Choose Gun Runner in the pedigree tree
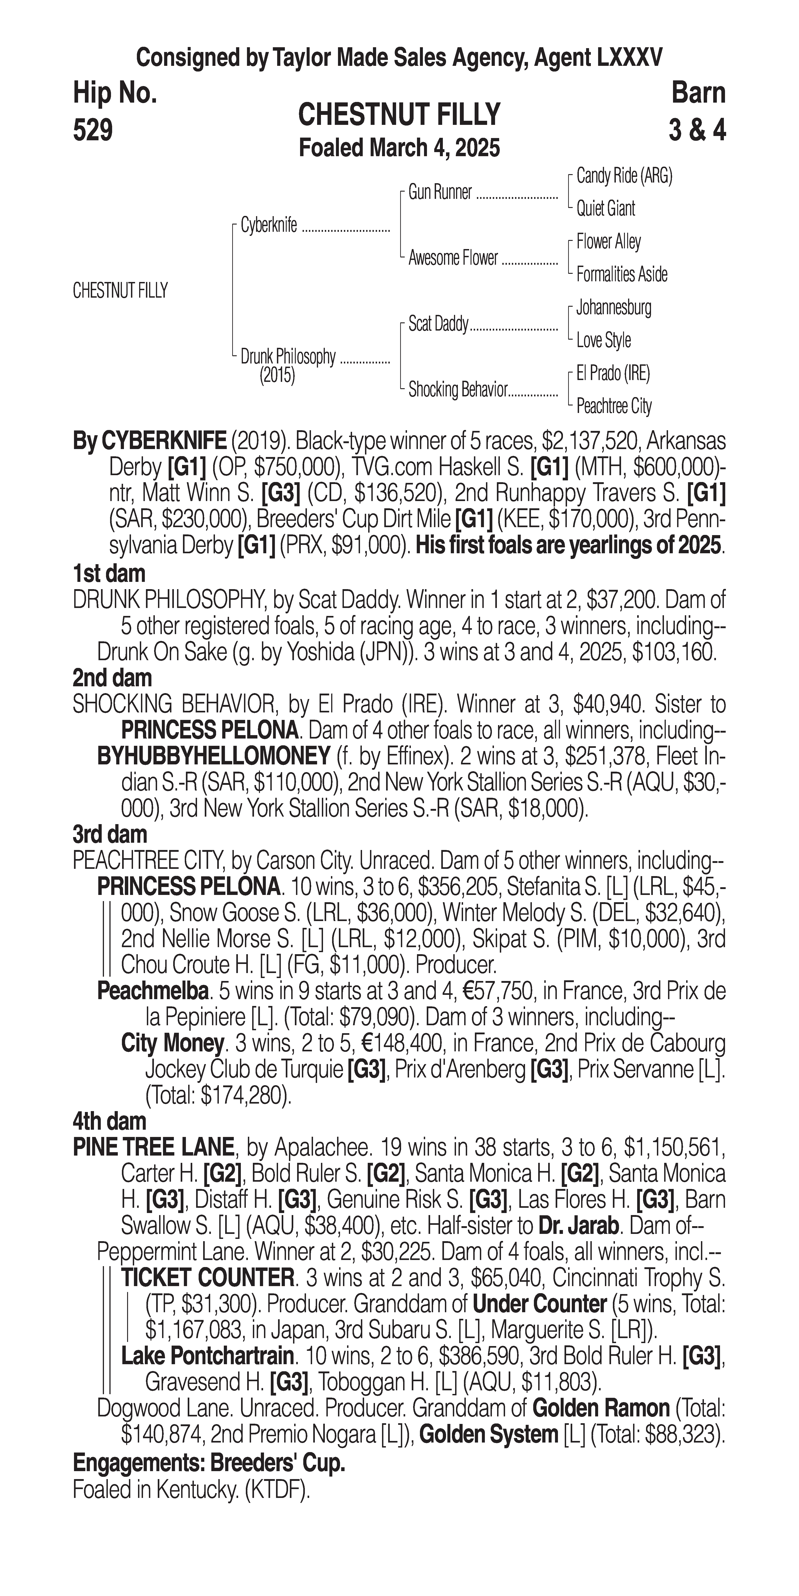click(x=440, y=193)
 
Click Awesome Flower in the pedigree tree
click(x=453, y=258)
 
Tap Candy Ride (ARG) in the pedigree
click(x=624, y=176)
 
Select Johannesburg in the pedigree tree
click(x=613, y=307)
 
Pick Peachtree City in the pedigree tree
click(x=614, y=406)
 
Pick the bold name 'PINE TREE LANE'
click(x=154, y=1147)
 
